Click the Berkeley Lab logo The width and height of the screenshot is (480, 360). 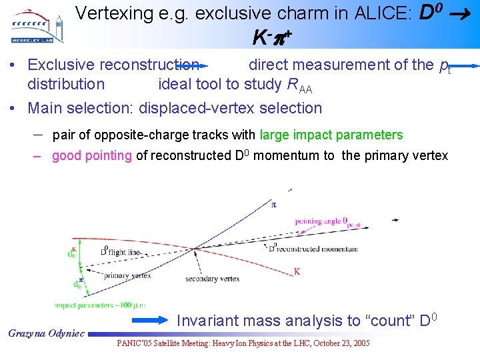(37, 26)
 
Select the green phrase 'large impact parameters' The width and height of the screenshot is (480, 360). (331, 135)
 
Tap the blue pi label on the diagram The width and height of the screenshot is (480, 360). (273, 204)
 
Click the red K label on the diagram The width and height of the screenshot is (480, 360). (297, 271)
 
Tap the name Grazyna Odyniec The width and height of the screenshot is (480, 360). (46, 332)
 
